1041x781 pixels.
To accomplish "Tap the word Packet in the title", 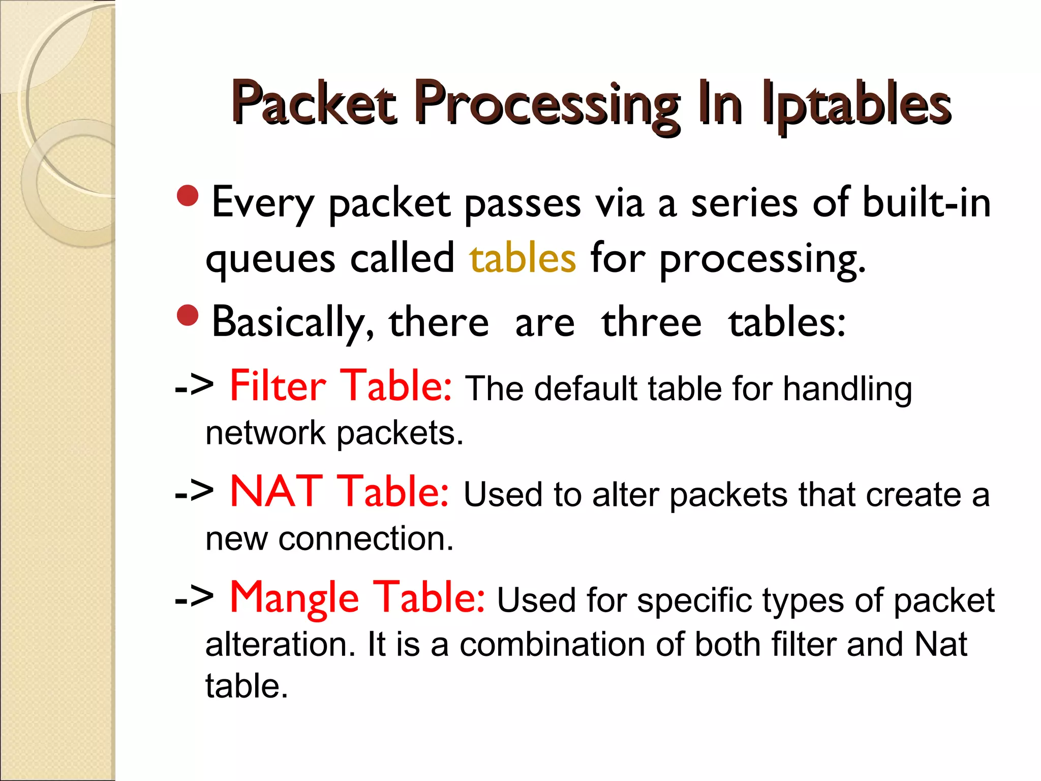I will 314,104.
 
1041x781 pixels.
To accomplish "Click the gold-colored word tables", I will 523,258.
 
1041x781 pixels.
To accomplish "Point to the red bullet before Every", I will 188,196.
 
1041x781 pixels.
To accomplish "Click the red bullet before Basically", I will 188,315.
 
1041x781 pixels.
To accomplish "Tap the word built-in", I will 927,202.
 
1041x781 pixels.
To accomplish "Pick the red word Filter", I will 278,386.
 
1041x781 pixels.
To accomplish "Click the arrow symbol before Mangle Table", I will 194,598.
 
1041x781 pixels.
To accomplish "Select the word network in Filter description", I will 265,433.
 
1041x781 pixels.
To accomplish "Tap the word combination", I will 552,644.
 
